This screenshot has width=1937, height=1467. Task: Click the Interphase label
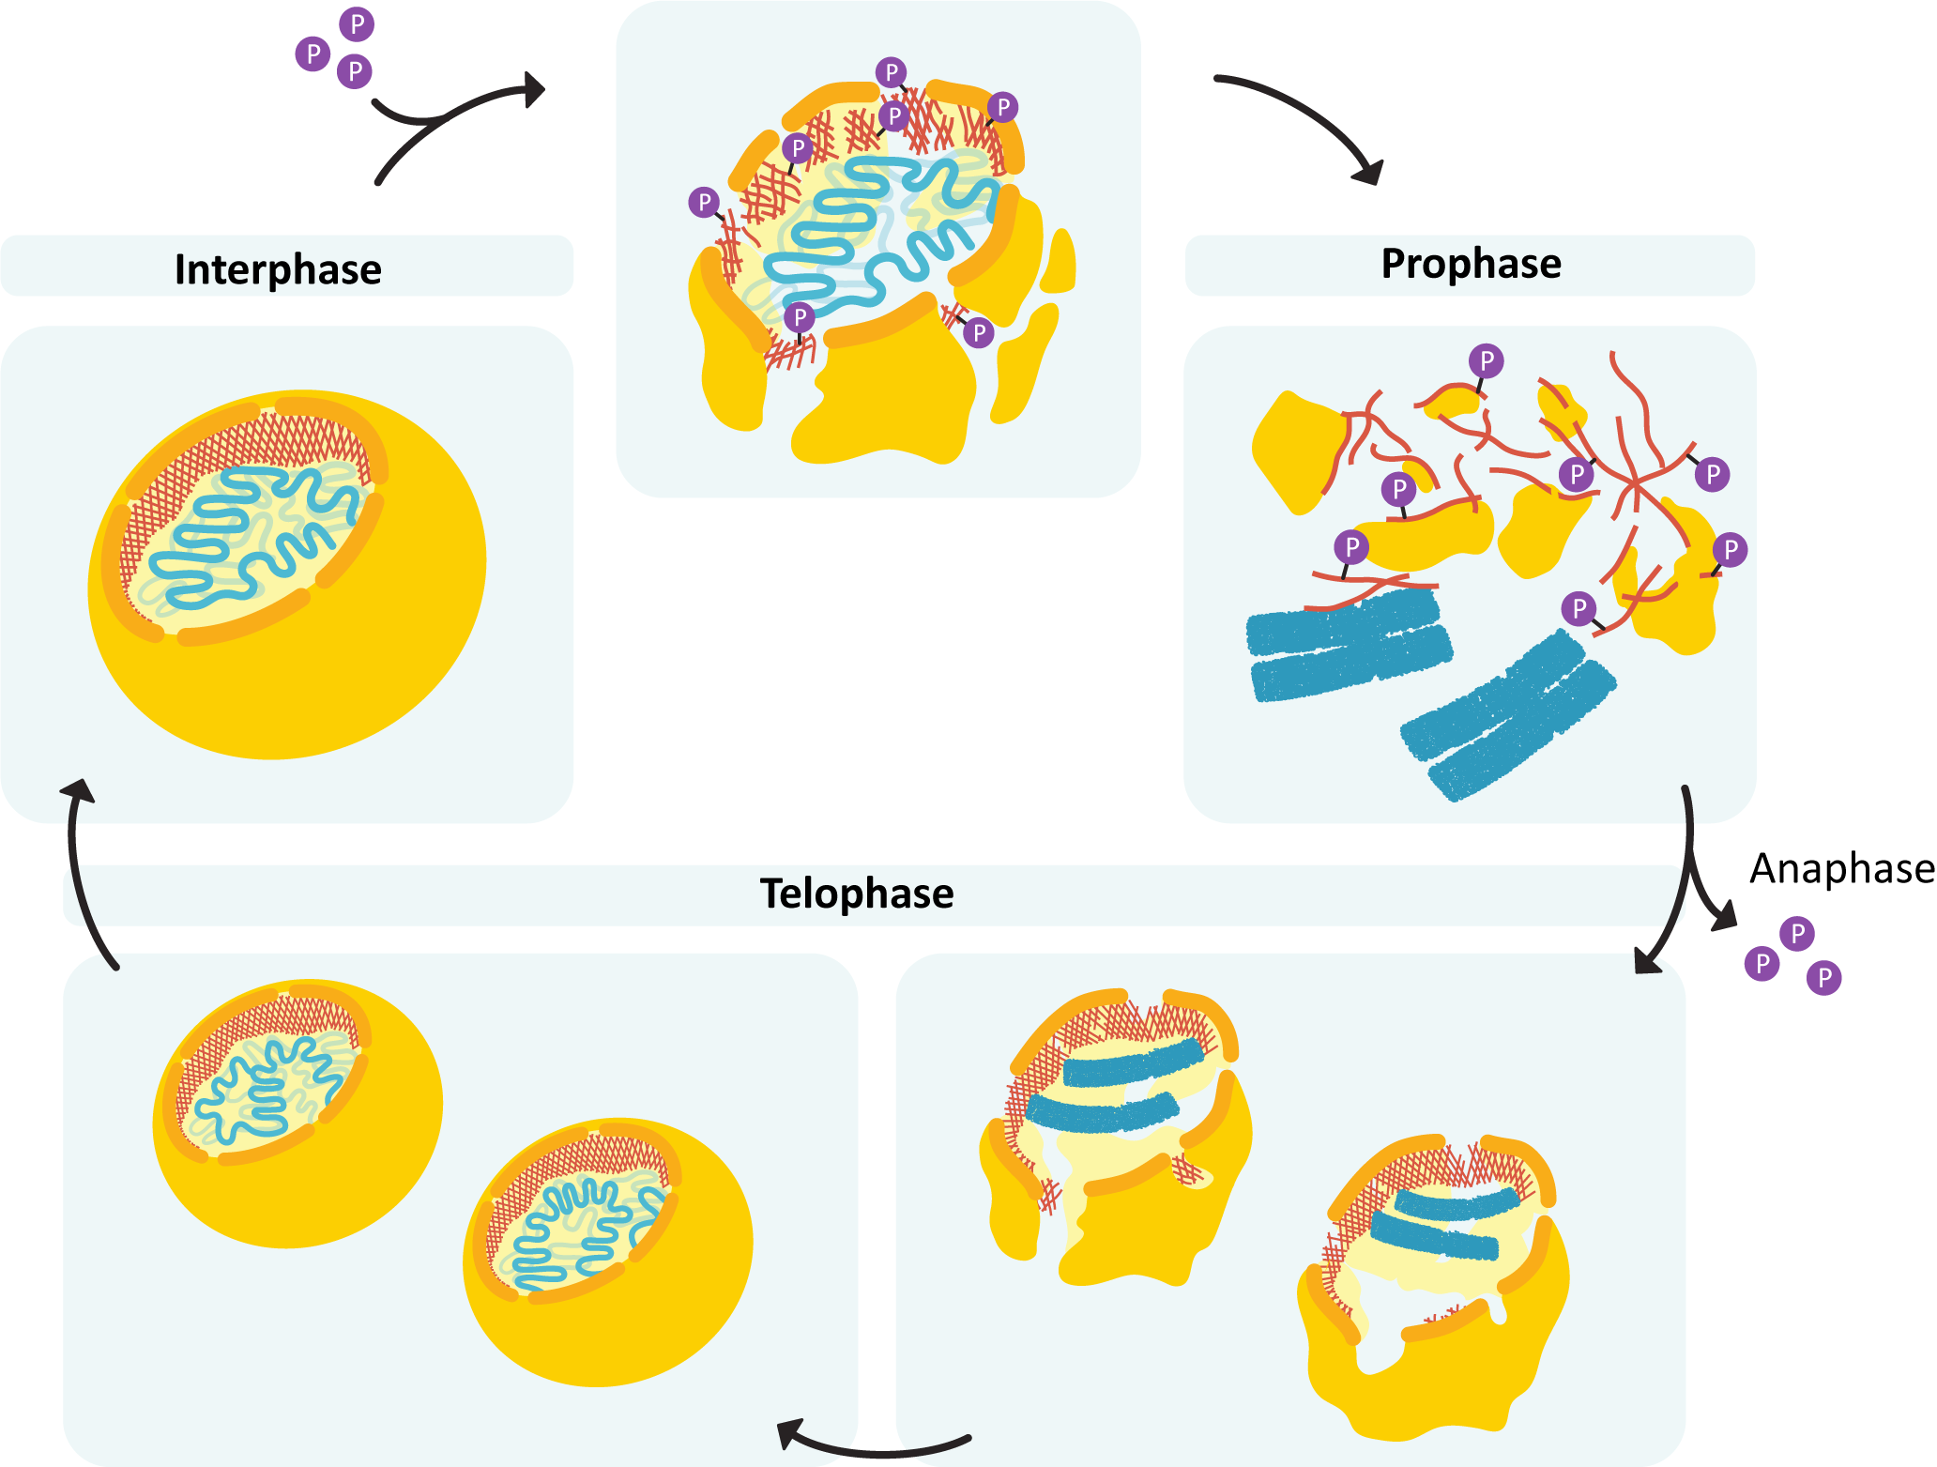(x=278, y=269)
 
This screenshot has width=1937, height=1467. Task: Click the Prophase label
(x=1471, y=264)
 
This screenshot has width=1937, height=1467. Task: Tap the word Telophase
(x=856, y=894)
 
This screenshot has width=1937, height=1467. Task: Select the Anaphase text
(x=1841, y=869)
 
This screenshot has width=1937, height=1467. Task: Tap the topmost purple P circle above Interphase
(x=357, y=24)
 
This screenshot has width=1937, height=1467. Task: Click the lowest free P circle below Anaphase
(x=1823, y=978)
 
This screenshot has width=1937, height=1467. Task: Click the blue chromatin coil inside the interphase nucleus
(x=253, y=535)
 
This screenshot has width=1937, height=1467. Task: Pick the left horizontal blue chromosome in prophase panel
(x=1347, y=643)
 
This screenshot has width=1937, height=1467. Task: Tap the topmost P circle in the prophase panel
(x=1487, y=360)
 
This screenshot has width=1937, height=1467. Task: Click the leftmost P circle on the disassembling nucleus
(x=704, y=202)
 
